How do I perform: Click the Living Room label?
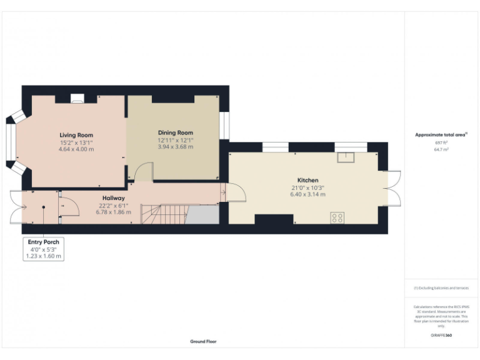coord(76,135)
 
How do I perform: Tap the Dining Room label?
coord(175,132)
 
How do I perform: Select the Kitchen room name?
coord(307,180)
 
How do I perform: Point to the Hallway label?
coord(114,198)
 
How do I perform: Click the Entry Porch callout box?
coord(44,249)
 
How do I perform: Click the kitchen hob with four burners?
coord(337,217)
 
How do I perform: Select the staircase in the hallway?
coord(164,215)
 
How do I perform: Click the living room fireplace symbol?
coord(77,98)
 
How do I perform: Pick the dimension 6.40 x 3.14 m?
coord(307,194)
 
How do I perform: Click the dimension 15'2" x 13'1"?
coord(76,142)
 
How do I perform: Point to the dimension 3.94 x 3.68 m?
coord(175,147)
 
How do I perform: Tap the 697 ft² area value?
coord(441,142)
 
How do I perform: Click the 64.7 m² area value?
coord(441,150)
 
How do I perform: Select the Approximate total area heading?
coord(441,134)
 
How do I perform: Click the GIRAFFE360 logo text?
coord(441,336)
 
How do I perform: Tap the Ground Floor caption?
coord(204,342)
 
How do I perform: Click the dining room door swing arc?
coord(144,171)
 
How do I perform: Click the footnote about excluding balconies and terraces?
coord(441,288)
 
